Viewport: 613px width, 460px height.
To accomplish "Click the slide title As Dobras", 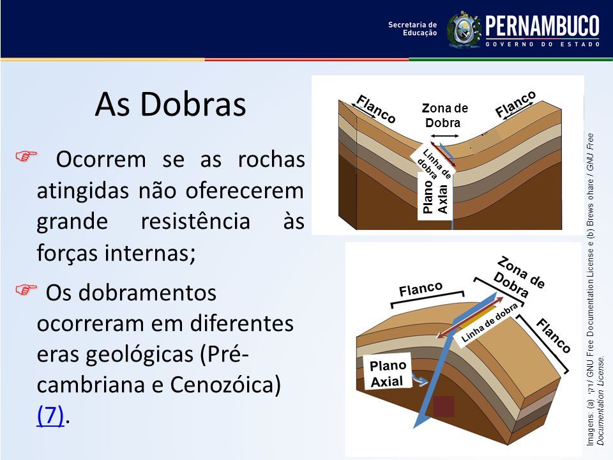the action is point(170,104).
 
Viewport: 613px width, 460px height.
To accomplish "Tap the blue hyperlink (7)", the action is point(50,415).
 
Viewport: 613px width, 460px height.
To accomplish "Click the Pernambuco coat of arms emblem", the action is point(464,30).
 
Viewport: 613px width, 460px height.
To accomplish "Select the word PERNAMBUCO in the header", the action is point(542,26).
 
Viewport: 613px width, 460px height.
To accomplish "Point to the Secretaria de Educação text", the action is point(412,29).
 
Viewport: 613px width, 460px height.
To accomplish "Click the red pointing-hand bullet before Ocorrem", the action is point(26,156).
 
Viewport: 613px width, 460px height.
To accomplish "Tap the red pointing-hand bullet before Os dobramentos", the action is point(26,290).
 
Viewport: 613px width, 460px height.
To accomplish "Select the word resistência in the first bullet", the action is point(195,220).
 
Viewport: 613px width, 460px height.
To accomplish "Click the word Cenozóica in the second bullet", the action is point(225,385).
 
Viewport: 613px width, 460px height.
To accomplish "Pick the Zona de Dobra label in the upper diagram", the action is point(444,116).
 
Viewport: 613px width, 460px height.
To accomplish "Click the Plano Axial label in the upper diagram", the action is point(435,197).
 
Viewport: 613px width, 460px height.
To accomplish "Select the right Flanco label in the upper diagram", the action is point(515,104).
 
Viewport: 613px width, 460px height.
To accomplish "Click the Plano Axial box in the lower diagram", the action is point(388,372).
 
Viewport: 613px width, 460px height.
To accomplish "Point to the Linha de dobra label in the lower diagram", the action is point(490,322).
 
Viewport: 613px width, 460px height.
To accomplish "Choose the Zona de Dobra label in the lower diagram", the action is point(518,277).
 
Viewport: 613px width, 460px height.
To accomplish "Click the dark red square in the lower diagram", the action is point(444,406).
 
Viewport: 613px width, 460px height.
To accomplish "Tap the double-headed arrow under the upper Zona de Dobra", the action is point(445,135).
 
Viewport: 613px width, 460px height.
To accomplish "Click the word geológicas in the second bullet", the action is point(140,355).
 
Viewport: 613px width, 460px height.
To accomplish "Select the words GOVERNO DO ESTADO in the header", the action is point(542,44).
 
